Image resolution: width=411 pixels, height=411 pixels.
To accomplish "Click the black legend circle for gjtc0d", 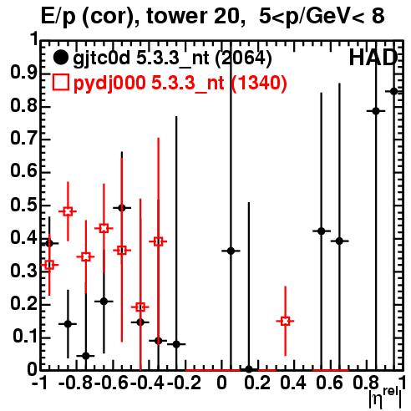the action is [x=60, y=58].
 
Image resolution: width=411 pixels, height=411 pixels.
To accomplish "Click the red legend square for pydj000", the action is [x=60, y=83].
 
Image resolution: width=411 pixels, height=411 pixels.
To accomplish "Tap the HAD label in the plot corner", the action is [x=373, y=58].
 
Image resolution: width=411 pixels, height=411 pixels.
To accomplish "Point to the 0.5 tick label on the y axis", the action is [x=24, y=205].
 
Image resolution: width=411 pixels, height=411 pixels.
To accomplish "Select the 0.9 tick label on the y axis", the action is [x=24, y=73].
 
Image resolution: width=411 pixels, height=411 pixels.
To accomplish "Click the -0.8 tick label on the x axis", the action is [x=76, y=383].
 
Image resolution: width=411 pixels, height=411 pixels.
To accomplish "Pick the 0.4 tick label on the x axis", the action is [x=293, y=383].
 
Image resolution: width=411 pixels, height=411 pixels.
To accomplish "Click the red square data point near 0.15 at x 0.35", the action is [x=285, y=321].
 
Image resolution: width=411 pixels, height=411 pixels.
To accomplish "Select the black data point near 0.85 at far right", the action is [x=393, y=91].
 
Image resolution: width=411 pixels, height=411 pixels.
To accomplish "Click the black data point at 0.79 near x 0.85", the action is [x=376, y=111].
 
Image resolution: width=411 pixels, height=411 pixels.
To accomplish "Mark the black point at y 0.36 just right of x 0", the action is [x=231, y=251].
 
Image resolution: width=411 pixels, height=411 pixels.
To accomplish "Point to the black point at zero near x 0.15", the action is [x=249, y=369].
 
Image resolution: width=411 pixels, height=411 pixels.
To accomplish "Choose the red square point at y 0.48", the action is [x=68, y=211].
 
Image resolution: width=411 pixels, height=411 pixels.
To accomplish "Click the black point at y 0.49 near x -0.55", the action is [x=122, y=208].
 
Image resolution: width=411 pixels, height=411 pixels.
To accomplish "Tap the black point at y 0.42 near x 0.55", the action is [x=322, y=231].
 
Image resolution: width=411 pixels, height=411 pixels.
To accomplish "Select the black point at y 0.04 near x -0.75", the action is [x=86, y=356].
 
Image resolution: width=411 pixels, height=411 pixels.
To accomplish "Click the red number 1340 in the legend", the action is [x=259, y=83].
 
